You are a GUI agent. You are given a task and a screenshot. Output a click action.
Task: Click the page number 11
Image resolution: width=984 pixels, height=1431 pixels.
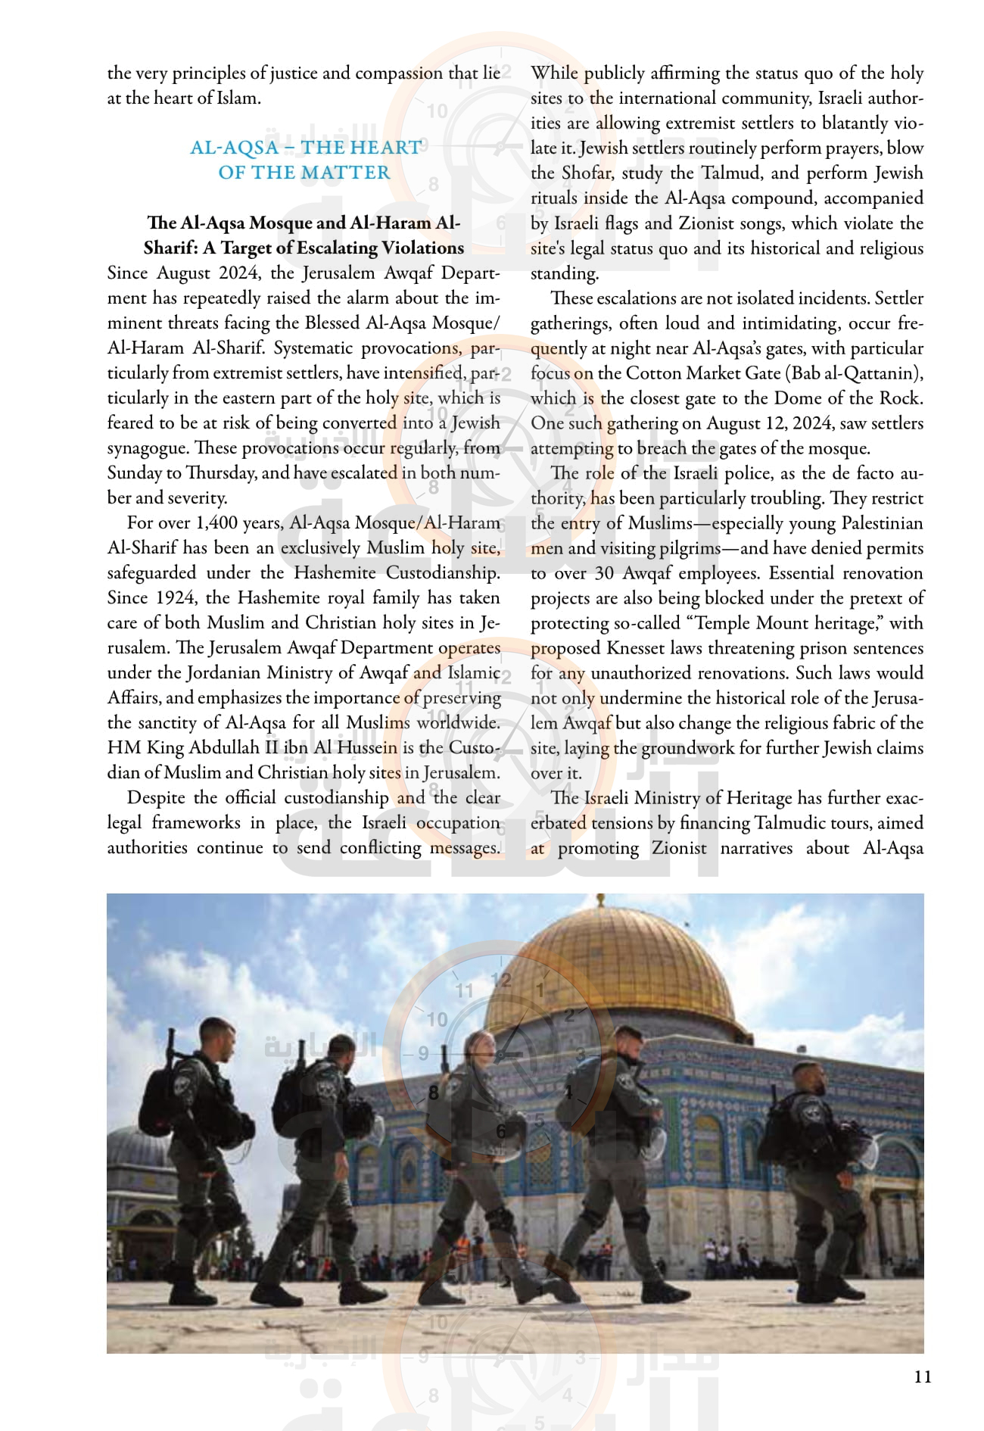coord(922,1376)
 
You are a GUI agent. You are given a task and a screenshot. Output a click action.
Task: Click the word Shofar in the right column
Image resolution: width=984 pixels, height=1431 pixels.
coord(586,173)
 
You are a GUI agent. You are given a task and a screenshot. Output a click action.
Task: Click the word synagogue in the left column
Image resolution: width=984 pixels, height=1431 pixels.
coord(148,448)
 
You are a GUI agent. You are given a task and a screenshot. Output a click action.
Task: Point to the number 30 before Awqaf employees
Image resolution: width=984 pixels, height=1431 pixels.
coord(604,573)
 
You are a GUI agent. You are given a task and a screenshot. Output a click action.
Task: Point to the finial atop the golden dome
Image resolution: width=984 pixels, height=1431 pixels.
coord(600,903)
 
